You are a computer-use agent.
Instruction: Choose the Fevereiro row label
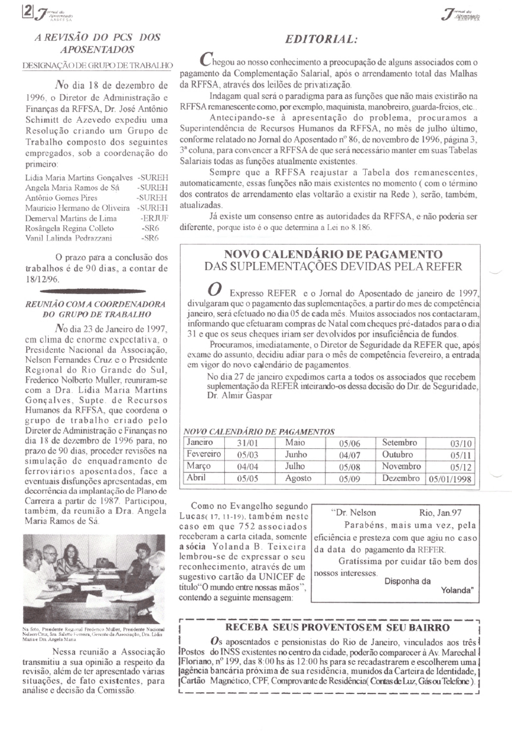coord(203,454)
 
